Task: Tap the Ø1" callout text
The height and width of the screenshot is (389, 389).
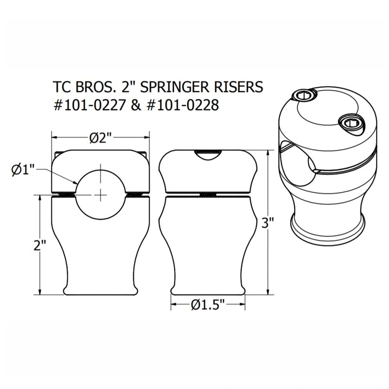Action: tap(22, 170)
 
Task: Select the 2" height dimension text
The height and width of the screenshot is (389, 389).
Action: tap(40, 245)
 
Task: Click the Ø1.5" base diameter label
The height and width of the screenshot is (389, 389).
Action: tap(208, 305)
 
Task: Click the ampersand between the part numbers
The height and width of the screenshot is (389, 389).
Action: tap(135, 105)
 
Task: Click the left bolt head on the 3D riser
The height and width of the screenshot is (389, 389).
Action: tap(303, 96)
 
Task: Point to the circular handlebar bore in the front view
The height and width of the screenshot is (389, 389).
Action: tap(100, 190)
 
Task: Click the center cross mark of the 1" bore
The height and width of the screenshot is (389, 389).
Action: tap(100, 195)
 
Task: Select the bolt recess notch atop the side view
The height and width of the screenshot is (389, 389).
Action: tap(208, 155)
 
